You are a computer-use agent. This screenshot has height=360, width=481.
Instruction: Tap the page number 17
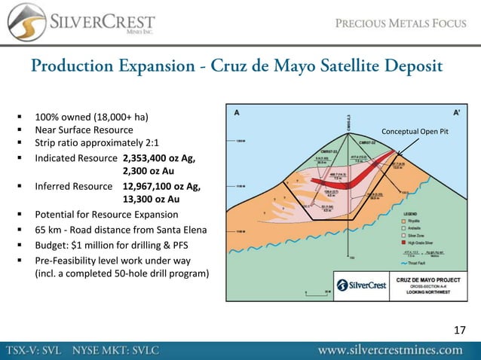[x=460, y=330]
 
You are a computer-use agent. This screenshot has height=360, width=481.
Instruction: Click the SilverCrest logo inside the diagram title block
[x=357, y=285]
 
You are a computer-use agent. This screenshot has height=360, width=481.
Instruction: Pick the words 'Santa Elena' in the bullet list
[x=189, y=229]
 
